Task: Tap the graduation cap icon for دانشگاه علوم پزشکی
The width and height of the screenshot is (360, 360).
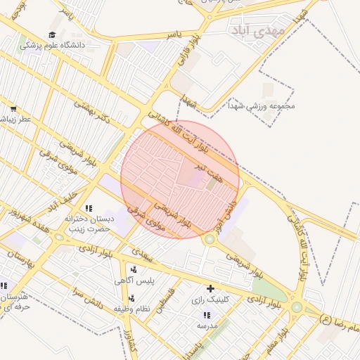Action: point(53,34)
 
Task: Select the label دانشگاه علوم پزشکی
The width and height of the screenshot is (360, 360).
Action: point(52,45)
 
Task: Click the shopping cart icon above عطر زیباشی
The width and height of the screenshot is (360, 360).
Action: point(13,108)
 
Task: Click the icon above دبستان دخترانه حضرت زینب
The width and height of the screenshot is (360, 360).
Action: point(89,208)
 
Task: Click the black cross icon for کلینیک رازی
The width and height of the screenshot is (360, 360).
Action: point(210,288)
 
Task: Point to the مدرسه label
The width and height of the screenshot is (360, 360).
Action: point(206,326)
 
